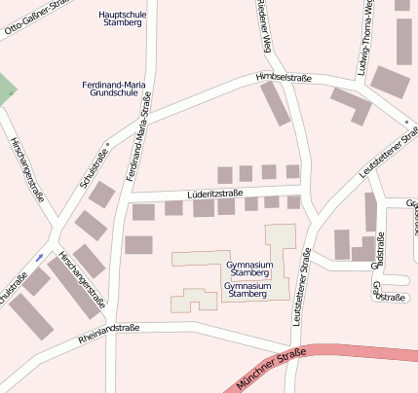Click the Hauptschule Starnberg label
click(123, 18)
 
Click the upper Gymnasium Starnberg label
click(248, 268)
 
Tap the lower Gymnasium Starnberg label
click(247, 290)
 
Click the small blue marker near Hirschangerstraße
click(39, 257)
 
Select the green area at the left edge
click(6, 89)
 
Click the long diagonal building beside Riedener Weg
click(276, 103)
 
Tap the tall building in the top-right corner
click(404, 39)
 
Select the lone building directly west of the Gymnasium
click(138, 244)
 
